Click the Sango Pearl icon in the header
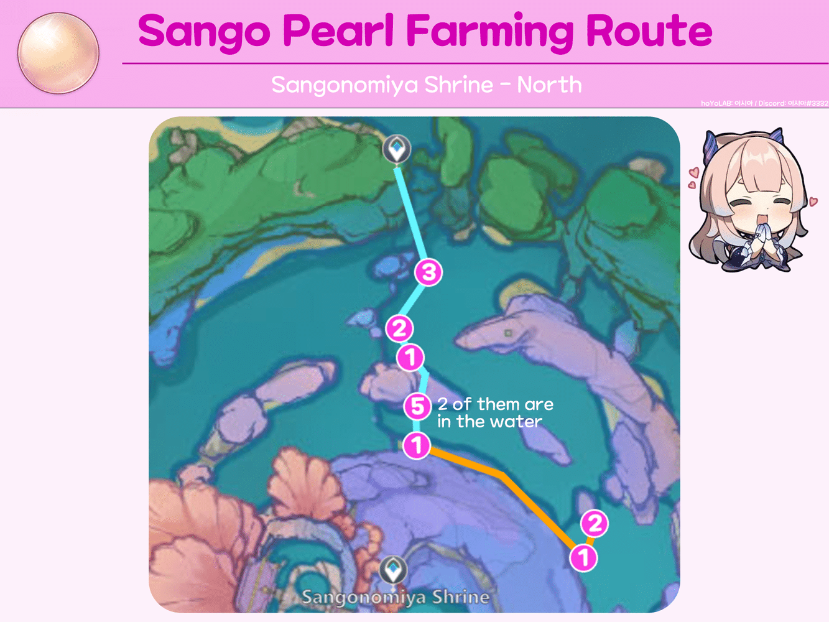tap(58, 53)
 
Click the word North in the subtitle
tap(549, 85)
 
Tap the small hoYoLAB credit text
tap(764, 103)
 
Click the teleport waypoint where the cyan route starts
tap(396, 149)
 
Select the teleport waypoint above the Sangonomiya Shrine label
tap(393, 570)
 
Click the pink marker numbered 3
tap(428, 272)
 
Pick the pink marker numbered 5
tap(417, 407)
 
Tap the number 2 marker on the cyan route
tap(399, 328)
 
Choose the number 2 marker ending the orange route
tap(595, 524)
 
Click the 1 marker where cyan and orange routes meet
tap(417, 445)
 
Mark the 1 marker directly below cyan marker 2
tap(410, 358)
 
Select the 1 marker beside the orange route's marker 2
tap(583, 557)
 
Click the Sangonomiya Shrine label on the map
tap(396, 597)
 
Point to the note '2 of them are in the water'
tap(494, 412)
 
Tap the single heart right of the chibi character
tap(813, 202)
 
